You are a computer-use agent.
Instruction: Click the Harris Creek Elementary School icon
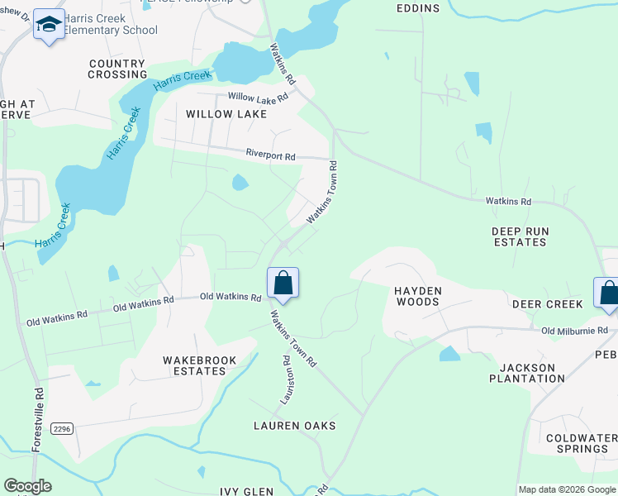coord(49,26)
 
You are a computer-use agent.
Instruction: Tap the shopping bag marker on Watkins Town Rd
coord(283,284)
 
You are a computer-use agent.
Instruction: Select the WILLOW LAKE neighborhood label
coord(226,114)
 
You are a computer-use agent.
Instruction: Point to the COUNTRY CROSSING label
coord(117,69)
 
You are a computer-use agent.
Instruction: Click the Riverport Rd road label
coord(270,155)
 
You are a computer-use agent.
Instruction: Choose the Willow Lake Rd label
coord(258,98)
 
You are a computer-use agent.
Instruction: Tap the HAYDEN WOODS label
coord(417,296)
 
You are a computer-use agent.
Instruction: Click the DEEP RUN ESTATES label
coord(519,236)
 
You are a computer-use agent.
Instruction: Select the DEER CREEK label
coord(547,304)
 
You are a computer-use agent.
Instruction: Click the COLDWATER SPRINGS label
coord(578,443)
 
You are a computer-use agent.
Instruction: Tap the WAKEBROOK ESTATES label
coord(200,365)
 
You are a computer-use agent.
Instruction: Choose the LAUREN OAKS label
coord(294,426)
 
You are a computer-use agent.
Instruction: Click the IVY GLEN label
coord(247,492)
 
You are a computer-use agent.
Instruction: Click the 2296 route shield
coord(61,428)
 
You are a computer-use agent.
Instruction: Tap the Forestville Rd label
coord(37,419)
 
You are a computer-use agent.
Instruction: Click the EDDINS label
coord(417,8)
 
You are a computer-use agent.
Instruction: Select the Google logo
coord(27,486)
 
